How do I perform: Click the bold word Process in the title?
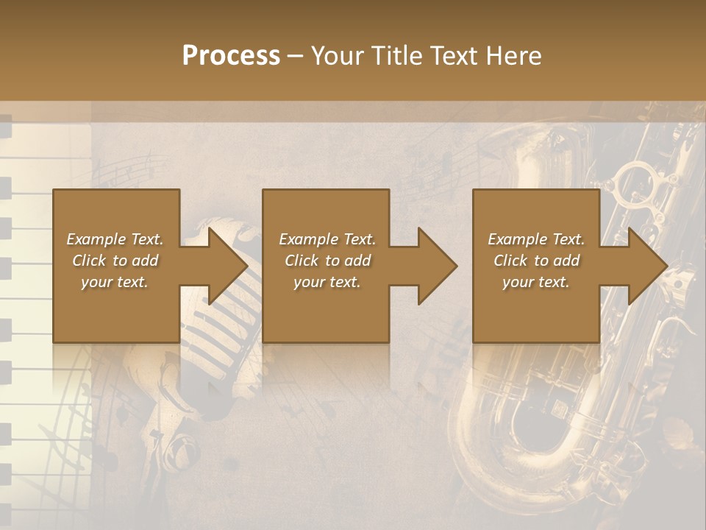(x=231, y=56)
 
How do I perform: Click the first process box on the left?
(x=115, y=265)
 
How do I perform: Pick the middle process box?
(x=326, y=265)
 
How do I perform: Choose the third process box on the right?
(x=535, y=265)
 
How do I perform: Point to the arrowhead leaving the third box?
(x=646, y=266)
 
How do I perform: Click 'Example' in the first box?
(x=96, y=239)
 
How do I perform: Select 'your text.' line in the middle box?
(x=327, y=282)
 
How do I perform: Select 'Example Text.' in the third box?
(x=536, y=239)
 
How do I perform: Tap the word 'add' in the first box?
(x=146, y=261)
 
